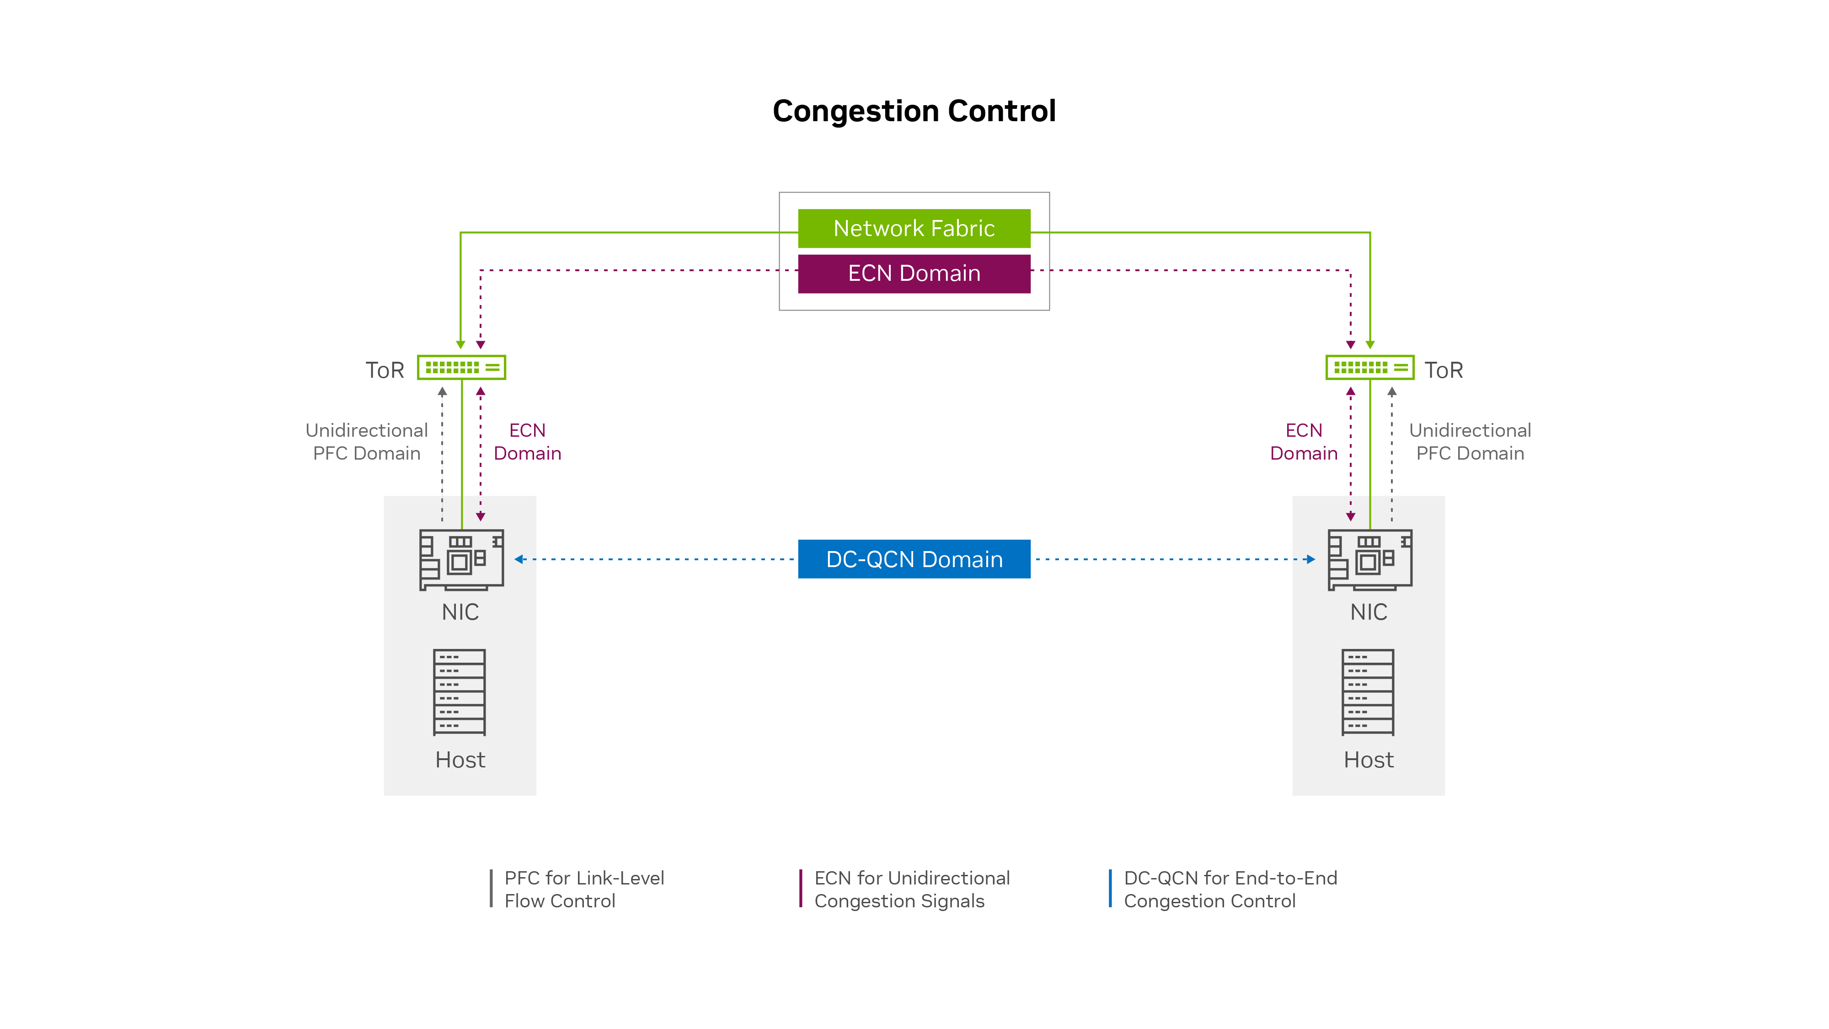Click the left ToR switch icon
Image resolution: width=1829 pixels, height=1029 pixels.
click(x=461, y=367)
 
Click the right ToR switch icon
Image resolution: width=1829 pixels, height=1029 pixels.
click(x=1369, y=367)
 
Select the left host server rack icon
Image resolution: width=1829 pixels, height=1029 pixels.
click(x=460, y=691)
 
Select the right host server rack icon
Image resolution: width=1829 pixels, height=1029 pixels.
click(x=1368, y=691)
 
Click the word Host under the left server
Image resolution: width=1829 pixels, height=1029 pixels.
click(x=460, y=760)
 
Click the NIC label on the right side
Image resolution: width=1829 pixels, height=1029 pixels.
click(x=1368, y=612)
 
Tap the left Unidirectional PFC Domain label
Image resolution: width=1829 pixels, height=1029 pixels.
click(x=366, y=442)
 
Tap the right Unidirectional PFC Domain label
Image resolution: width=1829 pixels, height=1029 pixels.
click(x=1470, y=442)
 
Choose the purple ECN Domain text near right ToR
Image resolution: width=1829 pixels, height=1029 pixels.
click(x=1304, y=442)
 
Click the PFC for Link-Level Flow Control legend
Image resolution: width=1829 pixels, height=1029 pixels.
click(x=583, y=889)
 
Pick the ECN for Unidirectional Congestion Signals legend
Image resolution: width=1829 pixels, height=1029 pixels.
click(x=911, y=889)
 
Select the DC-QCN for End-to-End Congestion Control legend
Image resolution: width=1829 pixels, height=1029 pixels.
click(x=1230, y=889)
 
